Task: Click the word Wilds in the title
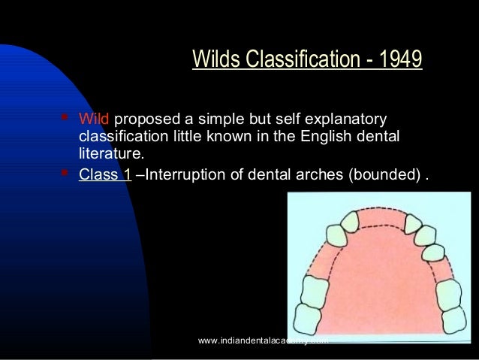[218, 59]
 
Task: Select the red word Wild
[94, 120]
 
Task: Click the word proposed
[144, 120]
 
